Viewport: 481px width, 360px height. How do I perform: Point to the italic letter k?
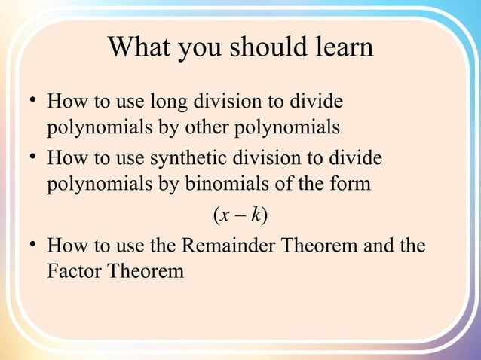coord(257,216)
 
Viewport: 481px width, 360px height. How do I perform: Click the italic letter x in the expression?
coord(225,216)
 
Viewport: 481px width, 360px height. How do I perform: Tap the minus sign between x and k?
coord(240,216)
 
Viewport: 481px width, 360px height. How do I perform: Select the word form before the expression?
coord(351,183)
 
